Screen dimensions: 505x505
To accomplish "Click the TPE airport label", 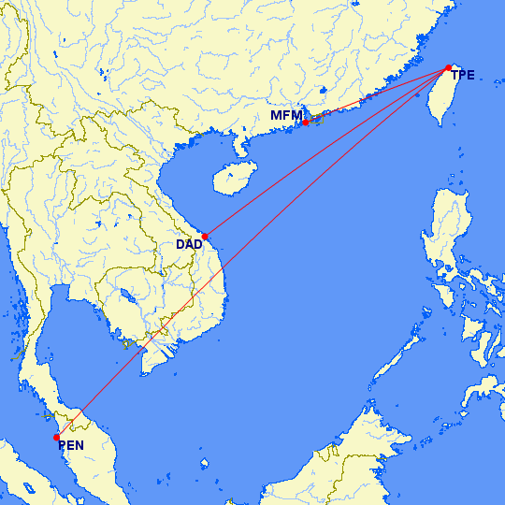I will (463, 75).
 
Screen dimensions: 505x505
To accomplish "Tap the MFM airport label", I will (286, 115).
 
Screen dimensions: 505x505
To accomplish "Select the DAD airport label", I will (189, 244).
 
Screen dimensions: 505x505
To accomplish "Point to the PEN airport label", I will (71, 445).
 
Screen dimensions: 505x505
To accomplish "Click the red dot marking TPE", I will (449, 67).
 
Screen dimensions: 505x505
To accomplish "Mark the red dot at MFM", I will (305, 123).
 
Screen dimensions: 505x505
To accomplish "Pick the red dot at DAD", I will (205, 236).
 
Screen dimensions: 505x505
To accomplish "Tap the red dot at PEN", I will (57, 437).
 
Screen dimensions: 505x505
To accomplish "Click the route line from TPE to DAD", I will (327, 151).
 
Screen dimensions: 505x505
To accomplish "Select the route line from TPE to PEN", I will (252, 252).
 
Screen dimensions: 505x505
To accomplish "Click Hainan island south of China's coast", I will (233, 178).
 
